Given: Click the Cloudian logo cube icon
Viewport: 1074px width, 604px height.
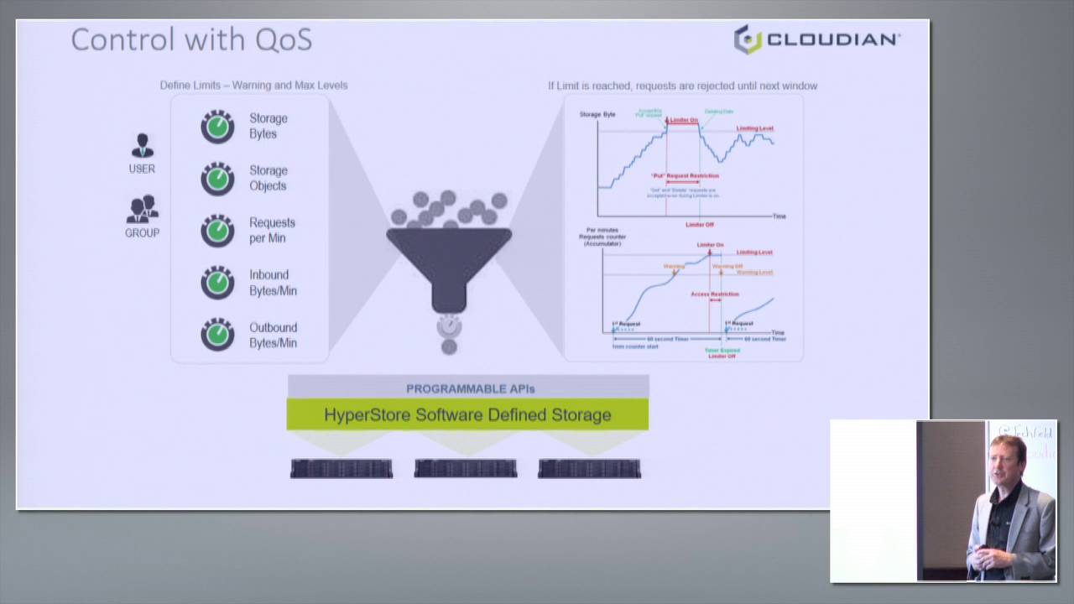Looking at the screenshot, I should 748,39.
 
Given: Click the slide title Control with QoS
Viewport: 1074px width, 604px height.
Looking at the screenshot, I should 191,39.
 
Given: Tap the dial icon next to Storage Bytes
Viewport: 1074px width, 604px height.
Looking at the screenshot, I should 217,127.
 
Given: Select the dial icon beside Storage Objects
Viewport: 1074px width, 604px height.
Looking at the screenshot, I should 217,179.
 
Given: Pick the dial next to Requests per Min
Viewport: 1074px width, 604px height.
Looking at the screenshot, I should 217,231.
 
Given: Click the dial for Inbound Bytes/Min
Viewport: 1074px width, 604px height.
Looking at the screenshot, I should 217,283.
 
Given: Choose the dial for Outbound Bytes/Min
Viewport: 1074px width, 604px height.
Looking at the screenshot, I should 217,335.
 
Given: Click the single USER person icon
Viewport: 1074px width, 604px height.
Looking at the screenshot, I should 142,146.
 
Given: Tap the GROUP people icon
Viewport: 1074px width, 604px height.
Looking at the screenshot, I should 143,209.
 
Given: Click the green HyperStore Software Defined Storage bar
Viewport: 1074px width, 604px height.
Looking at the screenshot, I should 467,414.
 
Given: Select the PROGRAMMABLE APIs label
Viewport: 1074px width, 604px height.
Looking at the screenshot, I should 470,388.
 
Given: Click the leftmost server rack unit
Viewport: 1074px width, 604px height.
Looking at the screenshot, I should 341,468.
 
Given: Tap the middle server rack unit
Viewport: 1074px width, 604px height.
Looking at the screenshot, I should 466,468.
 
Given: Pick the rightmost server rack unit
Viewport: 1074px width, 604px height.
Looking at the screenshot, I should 589,468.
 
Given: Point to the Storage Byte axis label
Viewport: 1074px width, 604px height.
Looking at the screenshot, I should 597,114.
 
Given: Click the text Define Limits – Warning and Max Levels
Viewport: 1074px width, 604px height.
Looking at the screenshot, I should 253,86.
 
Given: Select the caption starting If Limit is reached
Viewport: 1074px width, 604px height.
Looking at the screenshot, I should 682,86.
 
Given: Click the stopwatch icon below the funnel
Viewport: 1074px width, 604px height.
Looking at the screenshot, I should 449,325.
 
